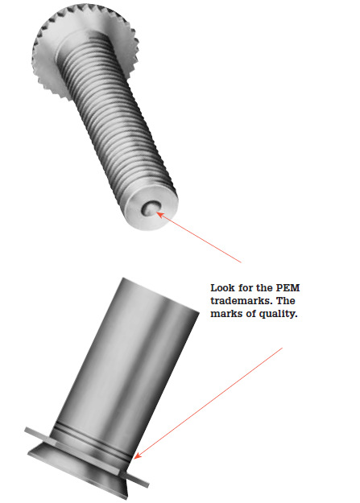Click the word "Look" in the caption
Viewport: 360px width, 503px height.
[222, 288]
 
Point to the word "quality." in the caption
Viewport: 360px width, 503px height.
[278, 314]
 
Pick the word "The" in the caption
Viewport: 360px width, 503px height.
[286, 301]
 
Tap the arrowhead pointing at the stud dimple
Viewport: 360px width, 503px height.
[161, 214]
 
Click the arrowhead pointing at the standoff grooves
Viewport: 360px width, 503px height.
[137, 456]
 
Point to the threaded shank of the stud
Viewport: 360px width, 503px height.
[116, 122]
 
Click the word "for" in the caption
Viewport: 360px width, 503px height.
[244, 288]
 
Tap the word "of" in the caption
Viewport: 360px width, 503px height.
[251, 314]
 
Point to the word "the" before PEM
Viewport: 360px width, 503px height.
[264, 288]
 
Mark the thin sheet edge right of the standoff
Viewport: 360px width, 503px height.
[138, 480]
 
